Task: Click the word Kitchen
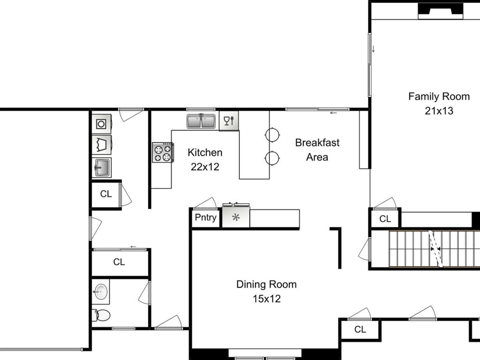pyautogui.click(x=205, y=152)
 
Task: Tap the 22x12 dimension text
pyautogui.click(x=205, y=167)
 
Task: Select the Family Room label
pyautogui.click(x=439, y=97)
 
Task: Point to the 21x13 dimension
pyautogui.click(x=439, y=111)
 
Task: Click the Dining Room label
pyautogui.click(x=266, y=285)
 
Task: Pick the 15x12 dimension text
pyautogui.click(x=266, y=299)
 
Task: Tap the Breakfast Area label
pyautogui.click(x=317, y=150)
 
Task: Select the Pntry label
pyautogui.click(x=205, y=217)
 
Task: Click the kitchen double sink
pyautogui.click(x=201, y=121)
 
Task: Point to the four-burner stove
pyautogui.click(x=163, y=152)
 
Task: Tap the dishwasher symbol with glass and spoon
pyautogui.click(x=229, y=121)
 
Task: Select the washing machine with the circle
pyautogui.click(x=102, y=124)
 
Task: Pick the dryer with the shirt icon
pyautogui.click(x=102, y=144)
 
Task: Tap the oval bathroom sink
pyautogui.click(x=101, y=292)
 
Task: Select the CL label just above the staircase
pyautogui.click(x=385, y=219)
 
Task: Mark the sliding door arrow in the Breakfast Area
pyautogui.click(x=333, y=113)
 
